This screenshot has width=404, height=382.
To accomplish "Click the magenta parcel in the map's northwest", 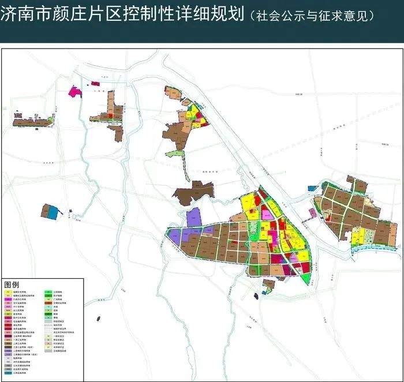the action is [74, 91].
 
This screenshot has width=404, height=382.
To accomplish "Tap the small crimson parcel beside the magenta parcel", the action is [96, 84].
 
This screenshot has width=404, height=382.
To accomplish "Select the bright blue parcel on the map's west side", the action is [53, 213].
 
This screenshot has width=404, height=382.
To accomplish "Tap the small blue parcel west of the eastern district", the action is [311, 188].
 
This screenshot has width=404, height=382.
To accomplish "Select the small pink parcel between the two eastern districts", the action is [312, 212].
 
